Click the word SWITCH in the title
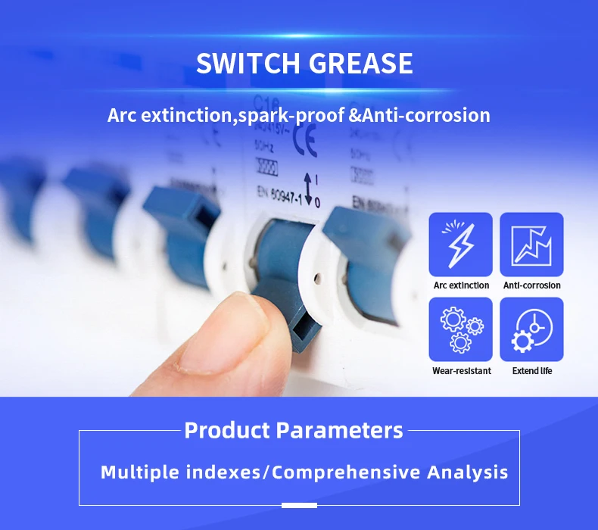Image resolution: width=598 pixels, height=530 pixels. click(247, 64)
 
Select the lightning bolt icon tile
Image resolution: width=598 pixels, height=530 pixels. click(460, 245)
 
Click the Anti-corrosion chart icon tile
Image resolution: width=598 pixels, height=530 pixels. click(531, 245)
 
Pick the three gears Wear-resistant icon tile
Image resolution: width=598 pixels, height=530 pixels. click(460, 329)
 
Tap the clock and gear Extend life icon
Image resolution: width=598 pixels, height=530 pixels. click(531, 329)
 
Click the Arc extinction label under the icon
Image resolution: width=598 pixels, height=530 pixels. click(461, 285)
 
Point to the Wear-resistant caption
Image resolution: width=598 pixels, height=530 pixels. click(461, 371)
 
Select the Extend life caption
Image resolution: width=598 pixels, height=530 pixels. click(531, 371)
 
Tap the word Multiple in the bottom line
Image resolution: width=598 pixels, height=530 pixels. click(141, 472)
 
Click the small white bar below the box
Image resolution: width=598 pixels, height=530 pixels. click(299, 505)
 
